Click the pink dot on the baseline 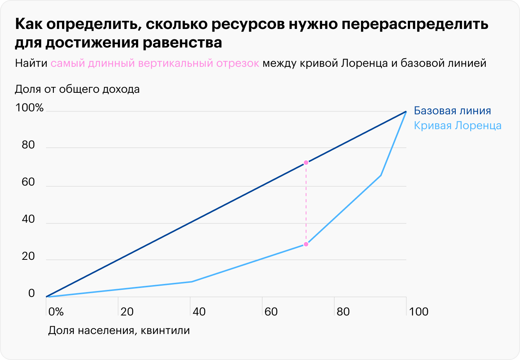[x=306, y=163]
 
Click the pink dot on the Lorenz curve [x=306, y=244]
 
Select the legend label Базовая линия [x=452, y=111]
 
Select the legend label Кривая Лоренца [x=458, y=125]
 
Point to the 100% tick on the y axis [x=30, y=108]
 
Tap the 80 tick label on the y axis [x=28, y=145]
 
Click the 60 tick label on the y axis [x=28, y=182]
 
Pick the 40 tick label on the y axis [x=28, y=219]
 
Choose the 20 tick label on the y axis [x=28, y=256]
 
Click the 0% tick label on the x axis [x=56, y=311]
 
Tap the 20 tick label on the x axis [x=127, y=311]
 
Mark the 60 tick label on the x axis [x=271, y=311]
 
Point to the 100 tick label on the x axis [x=419, y=311]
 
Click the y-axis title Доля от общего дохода [x=77, y=89]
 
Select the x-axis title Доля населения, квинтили [x=119, y=330]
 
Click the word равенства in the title [x=182, y=43]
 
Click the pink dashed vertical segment [x=306, y=203]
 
